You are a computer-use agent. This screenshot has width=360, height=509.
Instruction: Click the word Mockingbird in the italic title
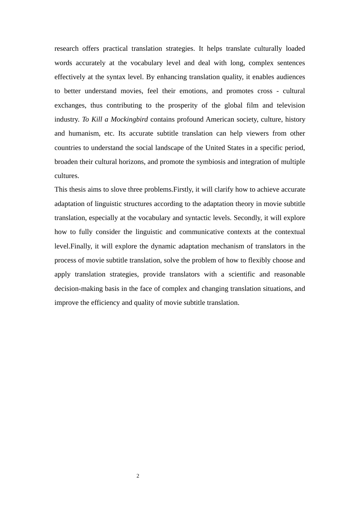tap(129, 119)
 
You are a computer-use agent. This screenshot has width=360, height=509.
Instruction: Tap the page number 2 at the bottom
tap(138, 476)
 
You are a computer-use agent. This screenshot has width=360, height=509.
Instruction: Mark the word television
tap(291, 105)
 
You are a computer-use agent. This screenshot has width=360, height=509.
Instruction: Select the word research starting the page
tap(67, 48)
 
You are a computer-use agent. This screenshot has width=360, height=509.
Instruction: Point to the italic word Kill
tap(97, 119)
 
